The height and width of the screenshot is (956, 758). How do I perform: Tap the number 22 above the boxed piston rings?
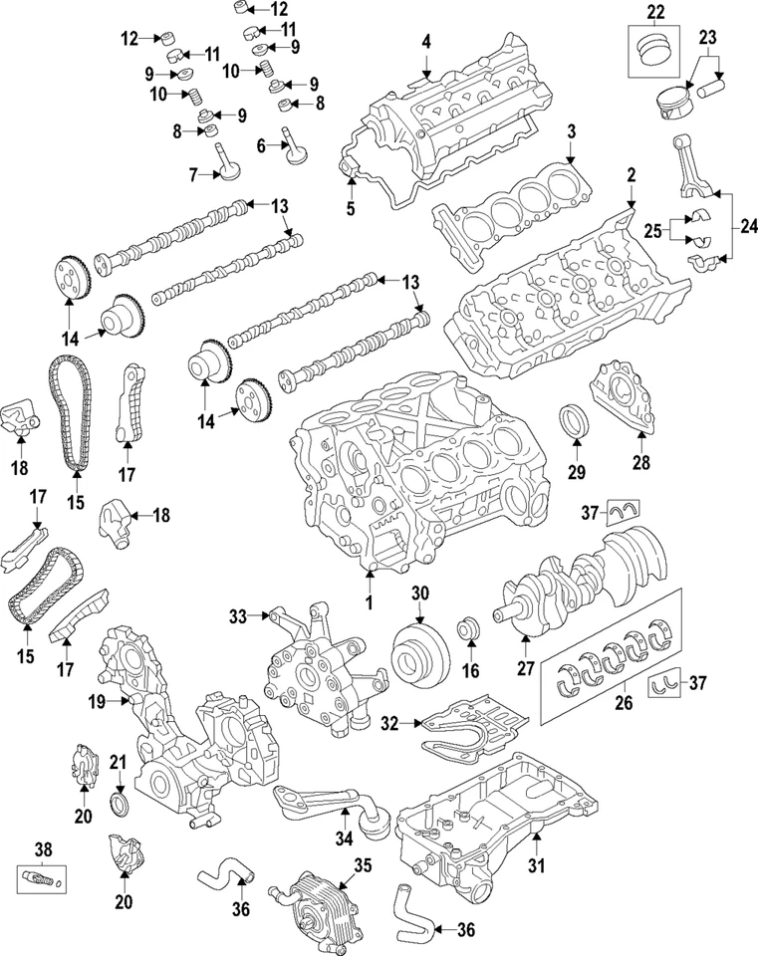[x=653, y=13]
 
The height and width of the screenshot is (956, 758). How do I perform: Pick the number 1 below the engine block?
[x=367, y=604]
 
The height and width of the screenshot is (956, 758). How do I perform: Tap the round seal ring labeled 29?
[x=578, y=422]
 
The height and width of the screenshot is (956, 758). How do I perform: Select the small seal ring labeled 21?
[x=119, y=804]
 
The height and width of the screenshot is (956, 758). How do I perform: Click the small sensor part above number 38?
[x=37, y=879]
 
